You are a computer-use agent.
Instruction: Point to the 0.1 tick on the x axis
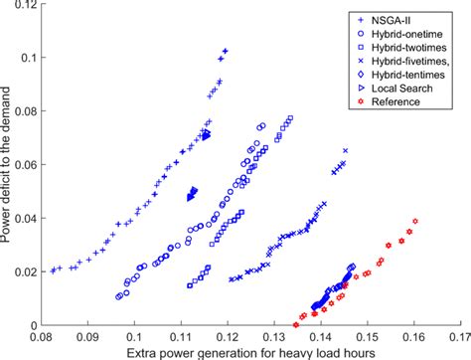(134, 336)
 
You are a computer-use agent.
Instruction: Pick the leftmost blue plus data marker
(53, 270)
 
